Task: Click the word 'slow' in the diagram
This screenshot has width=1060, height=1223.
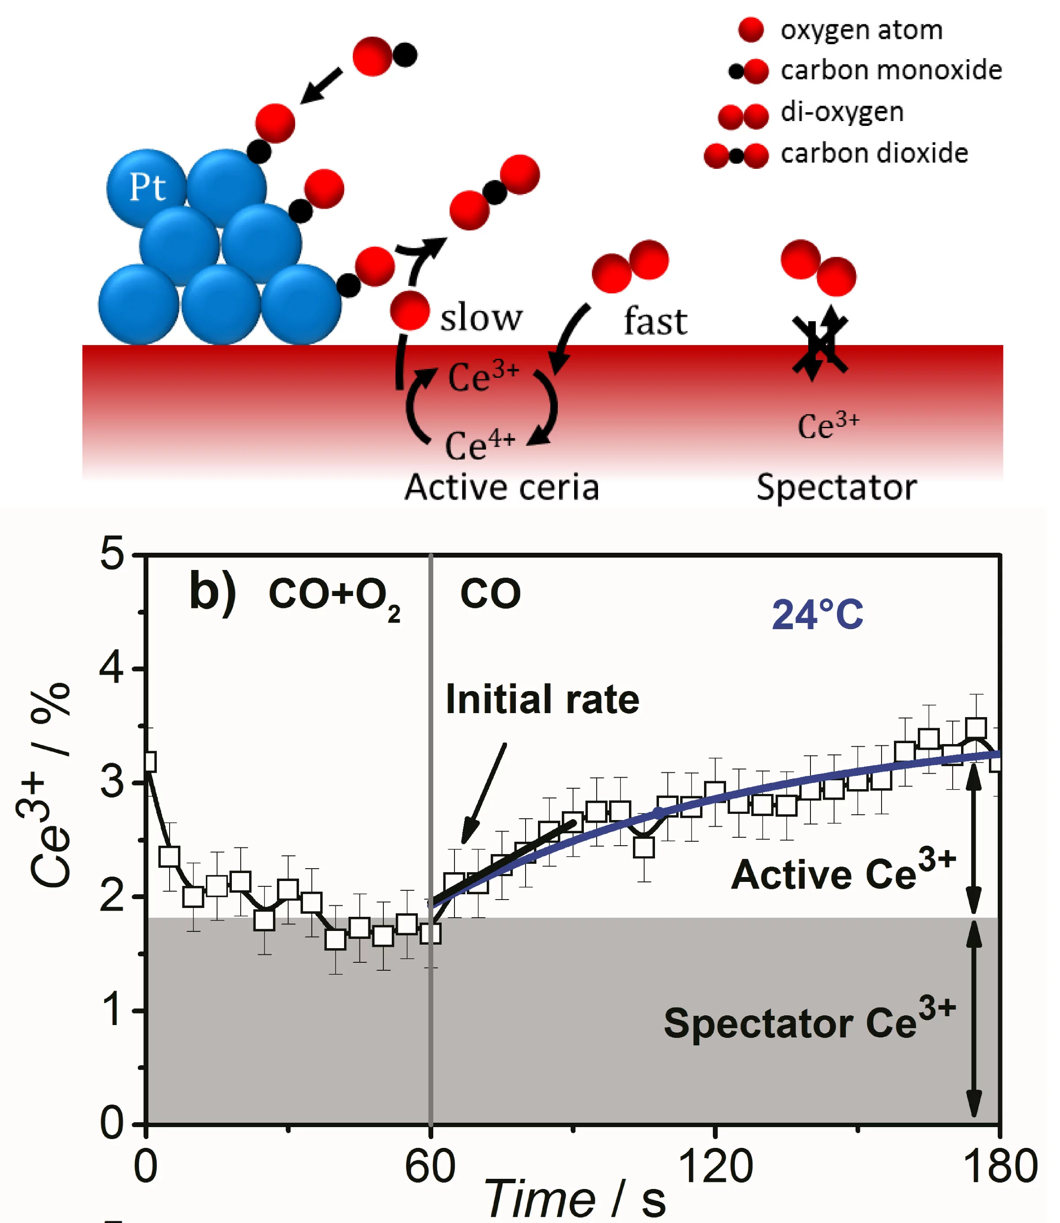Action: (481, 317)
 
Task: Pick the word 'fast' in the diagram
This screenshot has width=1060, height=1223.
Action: (655, 321)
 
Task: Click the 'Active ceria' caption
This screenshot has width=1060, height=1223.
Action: (502, 487)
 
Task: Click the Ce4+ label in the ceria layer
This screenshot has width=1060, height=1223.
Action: (480, 445)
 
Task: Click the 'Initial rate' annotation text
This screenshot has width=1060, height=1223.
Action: (542, 699)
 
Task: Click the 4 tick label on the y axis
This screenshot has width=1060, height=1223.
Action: (112, 668)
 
